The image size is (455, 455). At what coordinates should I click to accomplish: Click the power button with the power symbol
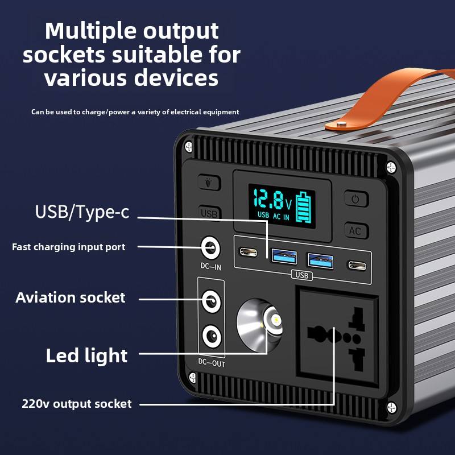pos(356,200)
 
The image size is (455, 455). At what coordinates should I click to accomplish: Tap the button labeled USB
pos(209,213)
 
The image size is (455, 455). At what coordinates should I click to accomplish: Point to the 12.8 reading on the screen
pos(268,200)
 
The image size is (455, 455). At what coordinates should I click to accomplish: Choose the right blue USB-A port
pos(320,260)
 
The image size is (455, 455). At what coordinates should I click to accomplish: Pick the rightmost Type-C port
pos(357,264)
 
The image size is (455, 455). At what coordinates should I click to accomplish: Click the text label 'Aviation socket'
pos(71,297)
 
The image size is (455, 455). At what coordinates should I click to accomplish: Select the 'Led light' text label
pos(86,355)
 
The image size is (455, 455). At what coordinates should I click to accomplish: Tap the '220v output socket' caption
pos(77,404)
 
